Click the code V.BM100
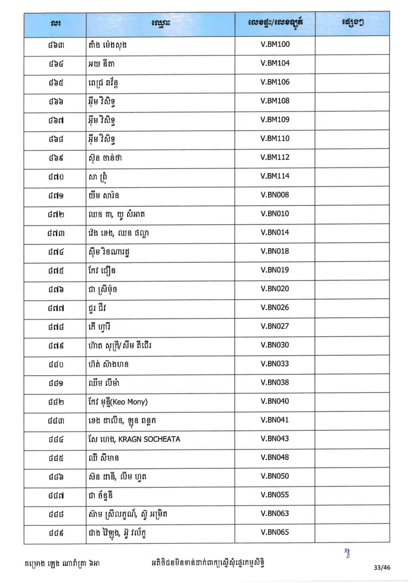tap(275, 44)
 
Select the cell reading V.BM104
tap(275, 63)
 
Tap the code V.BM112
tap(275, 157)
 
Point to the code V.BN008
tap(275, 195)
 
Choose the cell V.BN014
tap(275, 232)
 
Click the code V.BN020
tap(275, 289)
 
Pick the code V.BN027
tap(275, 326)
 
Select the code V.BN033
tap(275, 364)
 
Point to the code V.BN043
tap(275, 439)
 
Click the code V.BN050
tap(275, 476)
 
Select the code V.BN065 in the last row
tap(275, 532)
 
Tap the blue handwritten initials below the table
tap(347, 552)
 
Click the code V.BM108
tap(275, 101)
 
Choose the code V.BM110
tap(275, 138)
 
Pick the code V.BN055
tap(275, 495)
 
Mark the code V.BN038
tap(275, 383)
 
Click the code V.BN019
tap(275, 270)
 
